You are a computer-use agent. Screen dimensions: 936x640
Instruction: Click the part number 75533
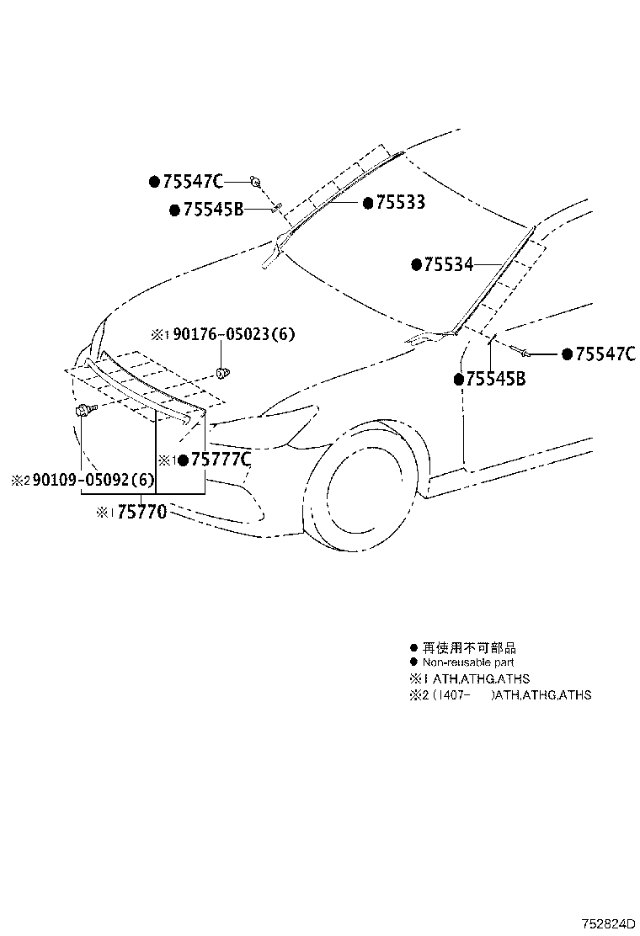pos(400,203)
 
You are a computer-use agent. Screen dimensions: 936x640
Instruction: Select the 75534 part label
pos(448,264)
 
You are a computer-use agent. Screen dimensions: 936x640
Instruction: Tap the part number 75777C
pos(221,460)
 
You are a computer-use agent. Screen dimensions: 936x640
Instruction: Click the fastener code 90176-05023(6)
pos(234,334)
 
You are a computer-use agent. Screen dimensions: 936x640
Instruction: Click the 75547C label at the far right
pos(605,354)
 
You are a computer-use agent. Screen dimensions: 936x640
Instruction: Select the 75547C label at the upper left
pos(192,181)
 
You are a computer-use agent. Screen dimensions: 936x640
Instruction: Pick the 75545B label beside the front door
pos(496,380)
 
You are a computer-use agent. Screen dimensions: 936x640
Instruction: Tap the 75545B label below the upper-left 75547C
pos(212,210)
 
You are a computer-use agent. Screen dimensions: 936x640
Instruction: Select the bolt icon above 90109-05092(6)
pos(84,409)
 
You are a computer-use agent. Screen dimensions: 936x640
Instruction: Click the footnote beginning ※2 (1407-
pos(499,695)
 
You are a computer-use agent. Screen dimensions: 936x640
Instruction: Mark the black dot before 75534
pos(416,264)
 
